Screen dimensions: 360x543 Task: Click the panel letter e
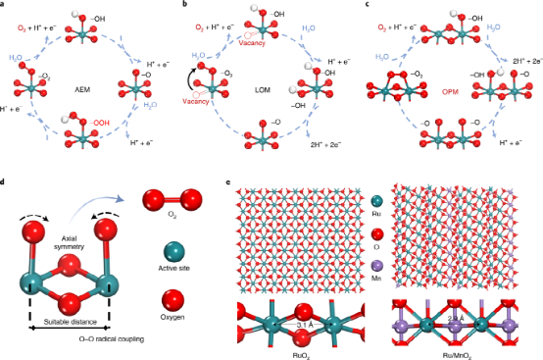coord(227,183)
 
